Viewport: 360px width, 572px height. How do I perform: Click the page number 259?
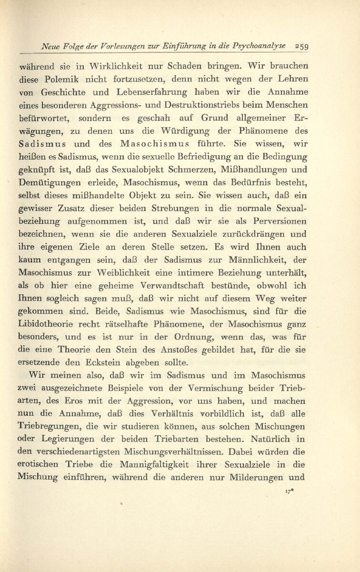pos(302,46)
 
